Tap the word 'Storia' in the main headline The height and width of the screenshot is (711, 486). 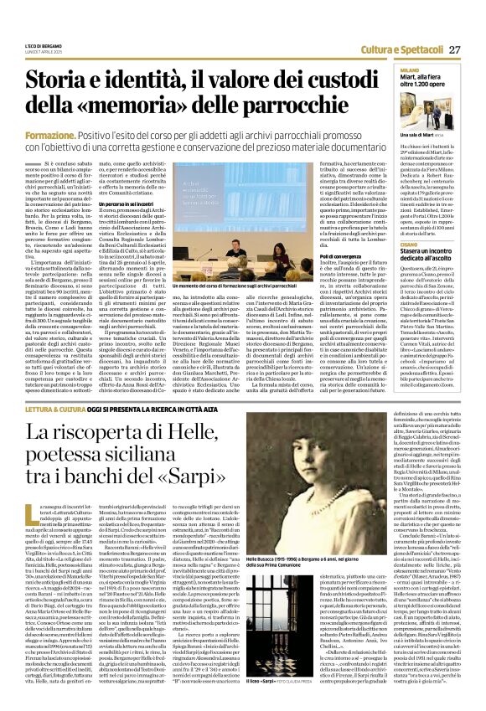[63, 80]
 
